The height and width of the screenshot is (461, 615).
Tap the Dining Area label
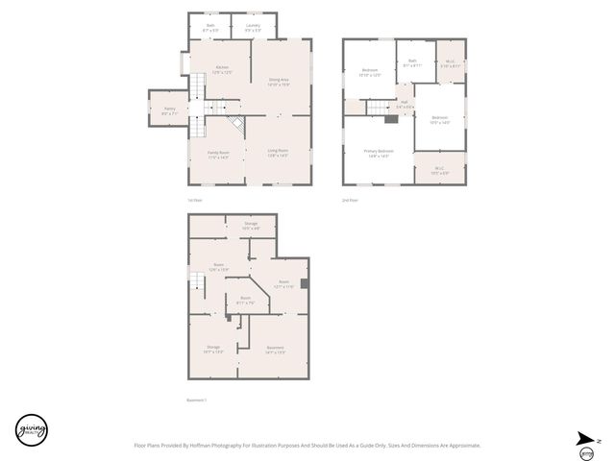279,82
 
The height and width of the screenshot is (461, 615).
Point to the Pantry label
168,110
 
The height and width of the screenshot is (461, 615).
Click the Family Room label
218,155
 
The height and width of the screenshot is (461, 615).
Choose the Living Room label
278,152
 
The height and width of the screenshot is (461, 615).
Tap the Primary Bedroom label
378,153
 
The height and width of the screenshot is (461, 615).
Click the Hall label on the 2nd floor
405,104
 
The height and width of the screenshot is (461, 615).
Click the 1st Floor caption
195,200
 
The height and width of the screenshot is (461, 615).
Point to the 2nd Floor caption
350,200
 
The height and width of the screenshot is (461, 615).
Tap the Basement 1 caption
196,400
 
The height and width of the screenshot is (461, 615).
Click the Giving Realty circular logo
32,429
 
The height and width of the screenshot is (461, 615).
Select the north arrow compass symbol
586,439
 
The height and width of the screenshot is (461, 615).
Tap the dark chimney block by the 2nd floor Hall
390,119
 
